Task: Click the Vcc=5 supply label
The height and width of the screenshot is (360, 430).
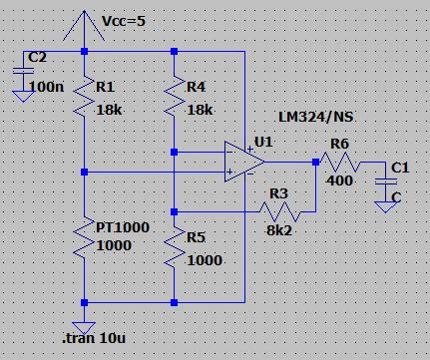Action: coord(131,20)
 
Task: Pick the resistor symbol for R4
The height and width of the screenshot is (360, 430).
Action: coord(174,95)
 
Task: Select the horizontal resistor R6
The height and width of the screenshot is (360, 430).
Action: coord(337,163)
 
